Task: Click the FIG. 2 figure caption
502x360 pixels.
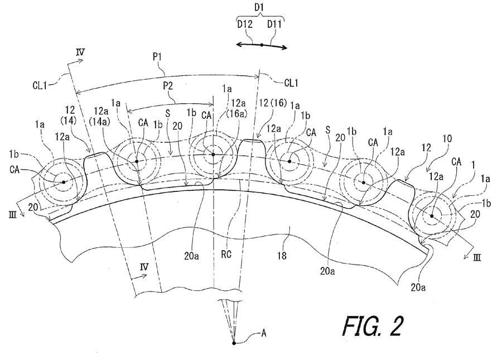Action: [x=373, y=326]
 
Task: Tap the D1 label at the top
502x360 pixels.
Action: [x=259, y=7]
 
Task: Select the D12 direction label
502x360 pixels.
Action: [x=245, y=24]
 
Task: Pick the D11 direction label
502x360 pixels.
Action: [x=274, y=24]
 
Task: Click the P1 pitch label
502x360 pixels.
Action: [x=157, y=57]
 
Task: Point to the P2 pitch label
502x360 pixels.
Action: [x=168, y=86]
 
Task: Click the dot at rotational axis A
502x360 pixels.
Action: [x=234, y=343]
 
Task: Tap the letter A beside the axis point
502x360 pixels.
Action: [x=264, y=333]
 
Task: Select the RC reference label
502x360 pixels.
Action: [x=226, y=255]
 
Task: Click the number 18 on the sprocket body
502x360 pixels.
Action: [x=282, y=256]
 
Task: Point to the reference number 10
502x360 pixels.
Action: [x=447, y=138]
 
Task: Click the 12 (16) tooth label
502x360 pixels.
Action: [x=273, y=103]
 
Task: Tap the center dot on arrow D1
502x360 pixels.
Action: [x=262, y=45]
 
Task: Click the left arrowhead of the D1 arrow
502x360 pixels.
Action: [x=239, y=45]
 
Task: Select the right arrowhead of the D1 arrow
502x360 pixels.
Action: [x=284, y=48]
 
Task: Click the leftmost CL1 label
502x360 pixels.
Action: [x=40, y=85]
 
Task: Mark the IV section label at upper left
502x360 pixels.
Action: [x=80, y=52]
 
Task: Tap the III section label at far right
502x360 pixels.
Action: [x=477, y=257]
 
